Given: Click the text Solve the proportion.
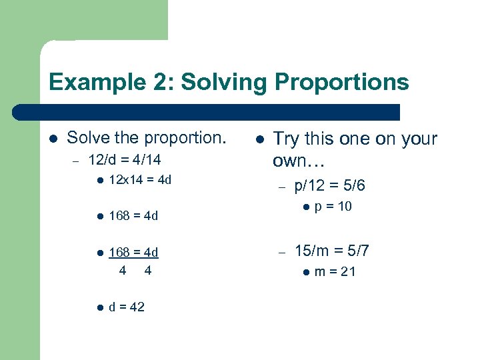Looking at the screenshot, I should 147,138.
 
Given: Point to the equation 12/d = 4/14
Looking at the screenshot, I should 125,161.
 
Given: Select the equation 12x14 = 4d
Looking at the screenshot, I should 140,180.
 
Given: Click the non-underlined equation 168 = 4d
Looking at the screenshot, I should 133,216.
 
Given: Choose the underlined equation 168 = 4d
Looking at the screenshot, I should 133,252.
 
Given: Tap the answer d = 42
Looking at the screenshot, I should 127,307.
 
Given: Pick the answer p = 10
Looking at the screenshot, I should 333,207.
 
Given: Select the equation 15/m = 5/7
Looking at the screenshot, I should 332,251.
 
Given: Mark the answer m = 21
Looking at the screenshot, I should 335,271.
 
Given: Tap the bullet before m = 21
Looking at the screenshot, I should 305,271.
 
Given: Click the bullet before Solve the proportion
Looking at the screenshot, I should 54,139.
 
